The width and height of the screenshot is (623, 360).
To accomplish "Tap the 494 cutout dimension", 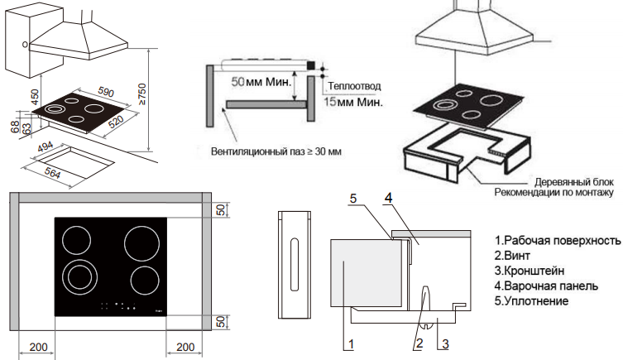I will [44, 147].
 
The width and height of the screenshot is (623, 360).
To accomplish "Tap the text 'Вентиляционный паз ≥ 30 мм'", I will [271, 152].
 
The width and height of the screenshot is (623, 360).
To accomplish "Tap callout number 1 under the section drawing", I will [351, 342].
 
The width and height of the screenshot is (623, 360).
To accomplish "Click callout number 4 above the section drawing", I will [387, 199].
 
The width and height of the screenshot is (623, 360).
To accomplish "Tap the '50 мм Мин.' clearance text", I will [260, 84].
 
